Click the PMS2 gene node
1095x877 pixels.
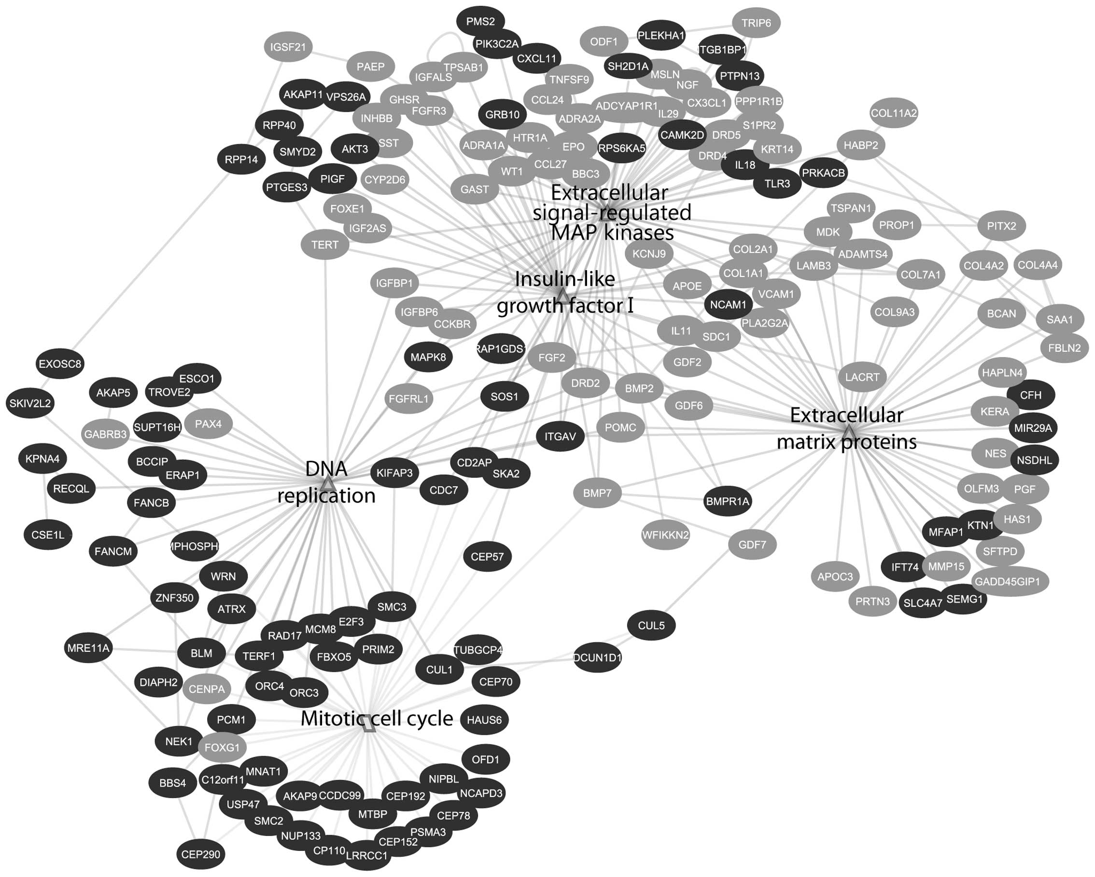[480, 22]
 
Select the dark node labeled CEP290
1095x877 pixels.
[201, 854]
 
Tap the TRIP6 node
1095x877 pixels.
[756, 23]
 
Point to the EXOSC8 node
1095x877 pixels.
[60, 364]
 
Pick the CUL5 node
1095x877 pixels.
[651, 625]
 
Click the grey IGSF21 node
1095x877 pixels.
[288, 47]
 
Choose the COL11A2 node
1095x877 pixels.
[893, 113]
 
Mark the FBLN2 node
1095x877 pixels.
[1064, 348]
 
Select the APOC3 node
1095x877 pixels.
[835, 576]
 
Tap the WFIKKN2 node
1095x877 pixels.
[665, 534]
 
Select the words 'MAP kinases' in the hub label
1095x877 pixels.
[612, 233]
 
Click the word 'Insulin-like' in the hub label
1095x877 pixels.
[565, 279]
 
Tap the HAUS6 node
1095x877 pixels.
[484, 720]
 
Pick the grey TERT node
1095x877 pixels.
[324, 245]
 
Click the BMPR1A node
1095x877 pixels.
[727, 501]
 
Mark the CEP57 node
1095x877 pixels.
[487, 557]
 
